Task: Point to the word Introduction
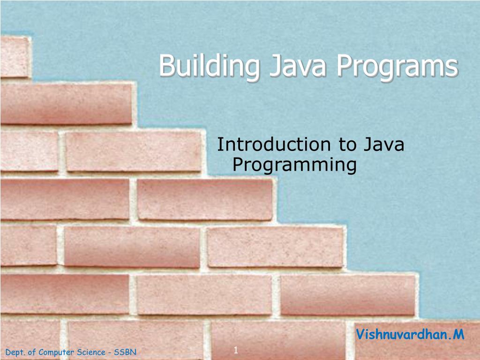[274, 145]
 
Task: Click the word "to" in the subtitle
[347, 145]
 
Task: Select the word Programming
[294, 165]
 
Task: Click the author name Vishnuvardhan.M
[410, 335]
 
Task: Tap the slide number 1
[236, 350]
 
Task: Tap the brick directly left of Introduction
[133, 151]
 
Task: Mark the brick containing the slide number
[277, 340]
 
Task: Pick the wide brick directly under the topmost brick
[66, 103]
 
